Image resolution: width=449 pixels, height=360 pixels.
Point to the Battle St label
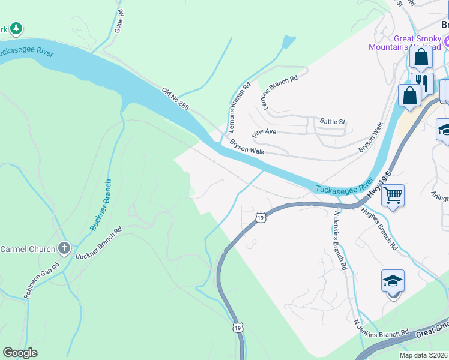(333, 121)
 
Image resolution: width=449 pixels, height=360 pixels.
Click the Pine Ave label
(264, 131)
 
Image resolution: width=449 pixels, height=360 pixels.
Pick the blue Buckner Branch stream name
(100, 205)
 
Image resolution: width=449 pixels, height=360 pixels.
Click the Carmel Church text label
(26, 248)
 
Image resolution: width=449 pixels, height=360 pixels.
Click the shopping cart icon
(393, 194)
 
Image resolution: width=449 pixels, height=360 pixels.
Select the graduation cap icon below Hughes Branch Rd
(393, 281)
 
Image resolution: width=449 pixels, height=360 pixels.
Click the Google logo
(20, 353)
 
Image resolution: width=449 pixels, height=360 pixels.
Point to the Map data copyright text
(423, 355)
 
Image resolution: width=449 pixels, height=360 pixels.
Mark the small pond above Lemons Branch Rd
(289, 42)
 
